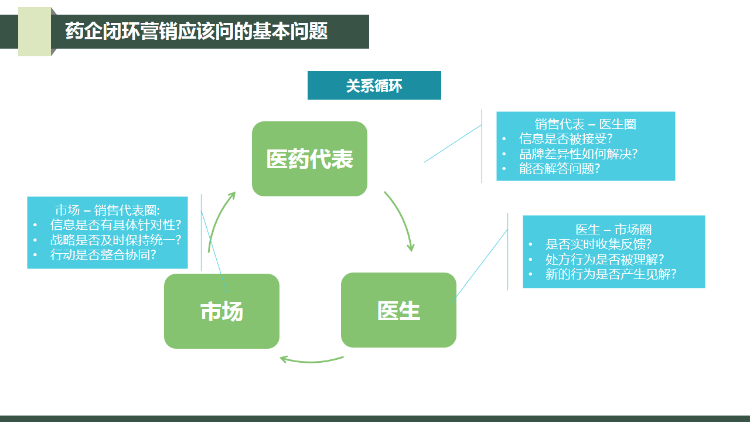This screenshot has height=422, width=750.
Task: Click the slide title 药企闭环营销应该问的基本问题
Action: click(x=196, y=32)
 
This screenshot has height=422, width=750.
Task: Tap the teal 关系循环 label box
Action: click(x=374, y=86)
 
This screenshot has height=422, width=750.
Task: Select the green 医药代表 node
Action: click(x=309, y=159)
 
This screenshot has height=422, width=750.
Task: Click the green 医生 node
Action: click(x=398, y=310)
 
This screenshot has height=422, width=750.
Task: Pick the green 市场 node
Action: click(x=221, y=311)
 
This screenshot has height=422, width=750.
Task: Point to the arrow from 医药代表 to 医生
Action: click(x=401, y=220)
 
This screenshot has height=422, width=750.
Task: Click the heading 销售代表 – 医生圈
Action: click(x=585, y=124)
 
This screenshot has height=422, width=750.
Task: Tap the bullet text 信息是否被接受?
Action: click(x=565, y=139)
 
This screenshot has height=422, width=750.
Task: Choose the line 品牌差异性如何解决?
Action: click(x=578, y=154)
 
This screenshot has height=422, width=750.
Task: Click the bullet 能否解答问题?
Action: click(x=560, y=169)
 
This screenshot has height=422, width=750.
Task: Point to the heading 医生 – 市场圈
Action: click(x=613, y=230)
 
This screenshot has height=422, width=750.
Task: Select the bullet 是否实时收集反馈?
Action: click(x=598, y=244)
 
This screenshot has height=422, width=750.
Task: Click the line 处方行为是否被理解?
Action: click(x=605, y=259)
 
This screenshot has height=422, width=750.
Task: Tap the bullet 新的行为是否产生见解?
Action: click(x=611, y=274)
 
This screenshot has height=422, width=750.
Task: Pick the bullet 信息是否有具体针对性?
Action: click(x=115, y=225)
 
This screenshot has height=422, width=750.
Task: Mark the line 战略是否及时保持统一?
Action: click(x=115, y=240)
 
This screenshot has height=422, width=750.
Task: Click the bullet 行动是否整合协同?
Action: click(x=103, y=254)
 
